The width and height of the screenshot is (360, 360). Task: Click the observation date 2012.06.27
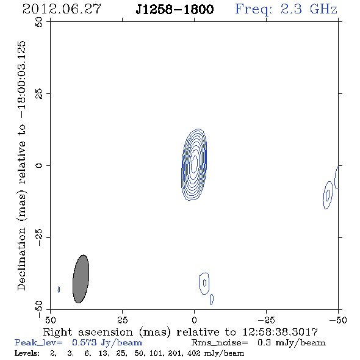tap(62, 9)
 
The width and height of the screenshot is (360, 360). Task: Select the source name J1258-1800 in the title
tap(175, 9)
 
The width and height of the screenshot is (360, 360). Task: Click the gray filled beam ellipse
tap(81, 279)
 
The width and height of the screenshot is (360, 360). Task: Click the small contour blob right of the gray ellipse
tap(204, 283)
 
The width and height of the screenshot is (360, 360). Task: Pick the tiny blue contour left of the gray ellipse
tap(59, 289)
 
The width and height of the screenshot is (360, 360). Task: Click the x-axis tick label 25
tap(122, 320)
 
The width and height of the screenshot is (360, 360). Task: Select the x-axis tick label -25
tap(266, 320)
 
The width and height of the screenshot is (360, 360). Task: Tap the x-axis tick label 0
tap(194, 320)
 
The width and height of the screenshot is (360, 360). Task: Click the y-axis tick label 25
tap(39, 94)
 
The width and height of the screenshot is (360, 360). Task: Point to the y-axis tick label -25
tap(39, 237)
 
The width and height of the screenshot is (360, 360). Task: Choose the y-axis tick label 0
tap(39, 165)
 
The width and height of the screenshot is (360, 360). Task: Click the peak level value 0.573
tap(84, 342)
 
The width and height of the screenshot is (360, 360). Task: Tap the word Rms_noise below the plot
tap(220, 343)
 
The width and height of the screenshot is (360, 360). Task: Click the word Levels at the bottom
tap(27, 353)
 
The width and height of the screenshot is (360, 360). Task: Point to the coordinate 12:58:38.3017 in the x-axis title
tap(280, 332)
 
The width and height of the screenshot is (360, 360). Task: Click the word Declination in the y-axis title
tap(21, 259)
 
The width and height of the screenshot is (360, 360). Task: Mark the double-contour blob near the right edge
tap(328, 195)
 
